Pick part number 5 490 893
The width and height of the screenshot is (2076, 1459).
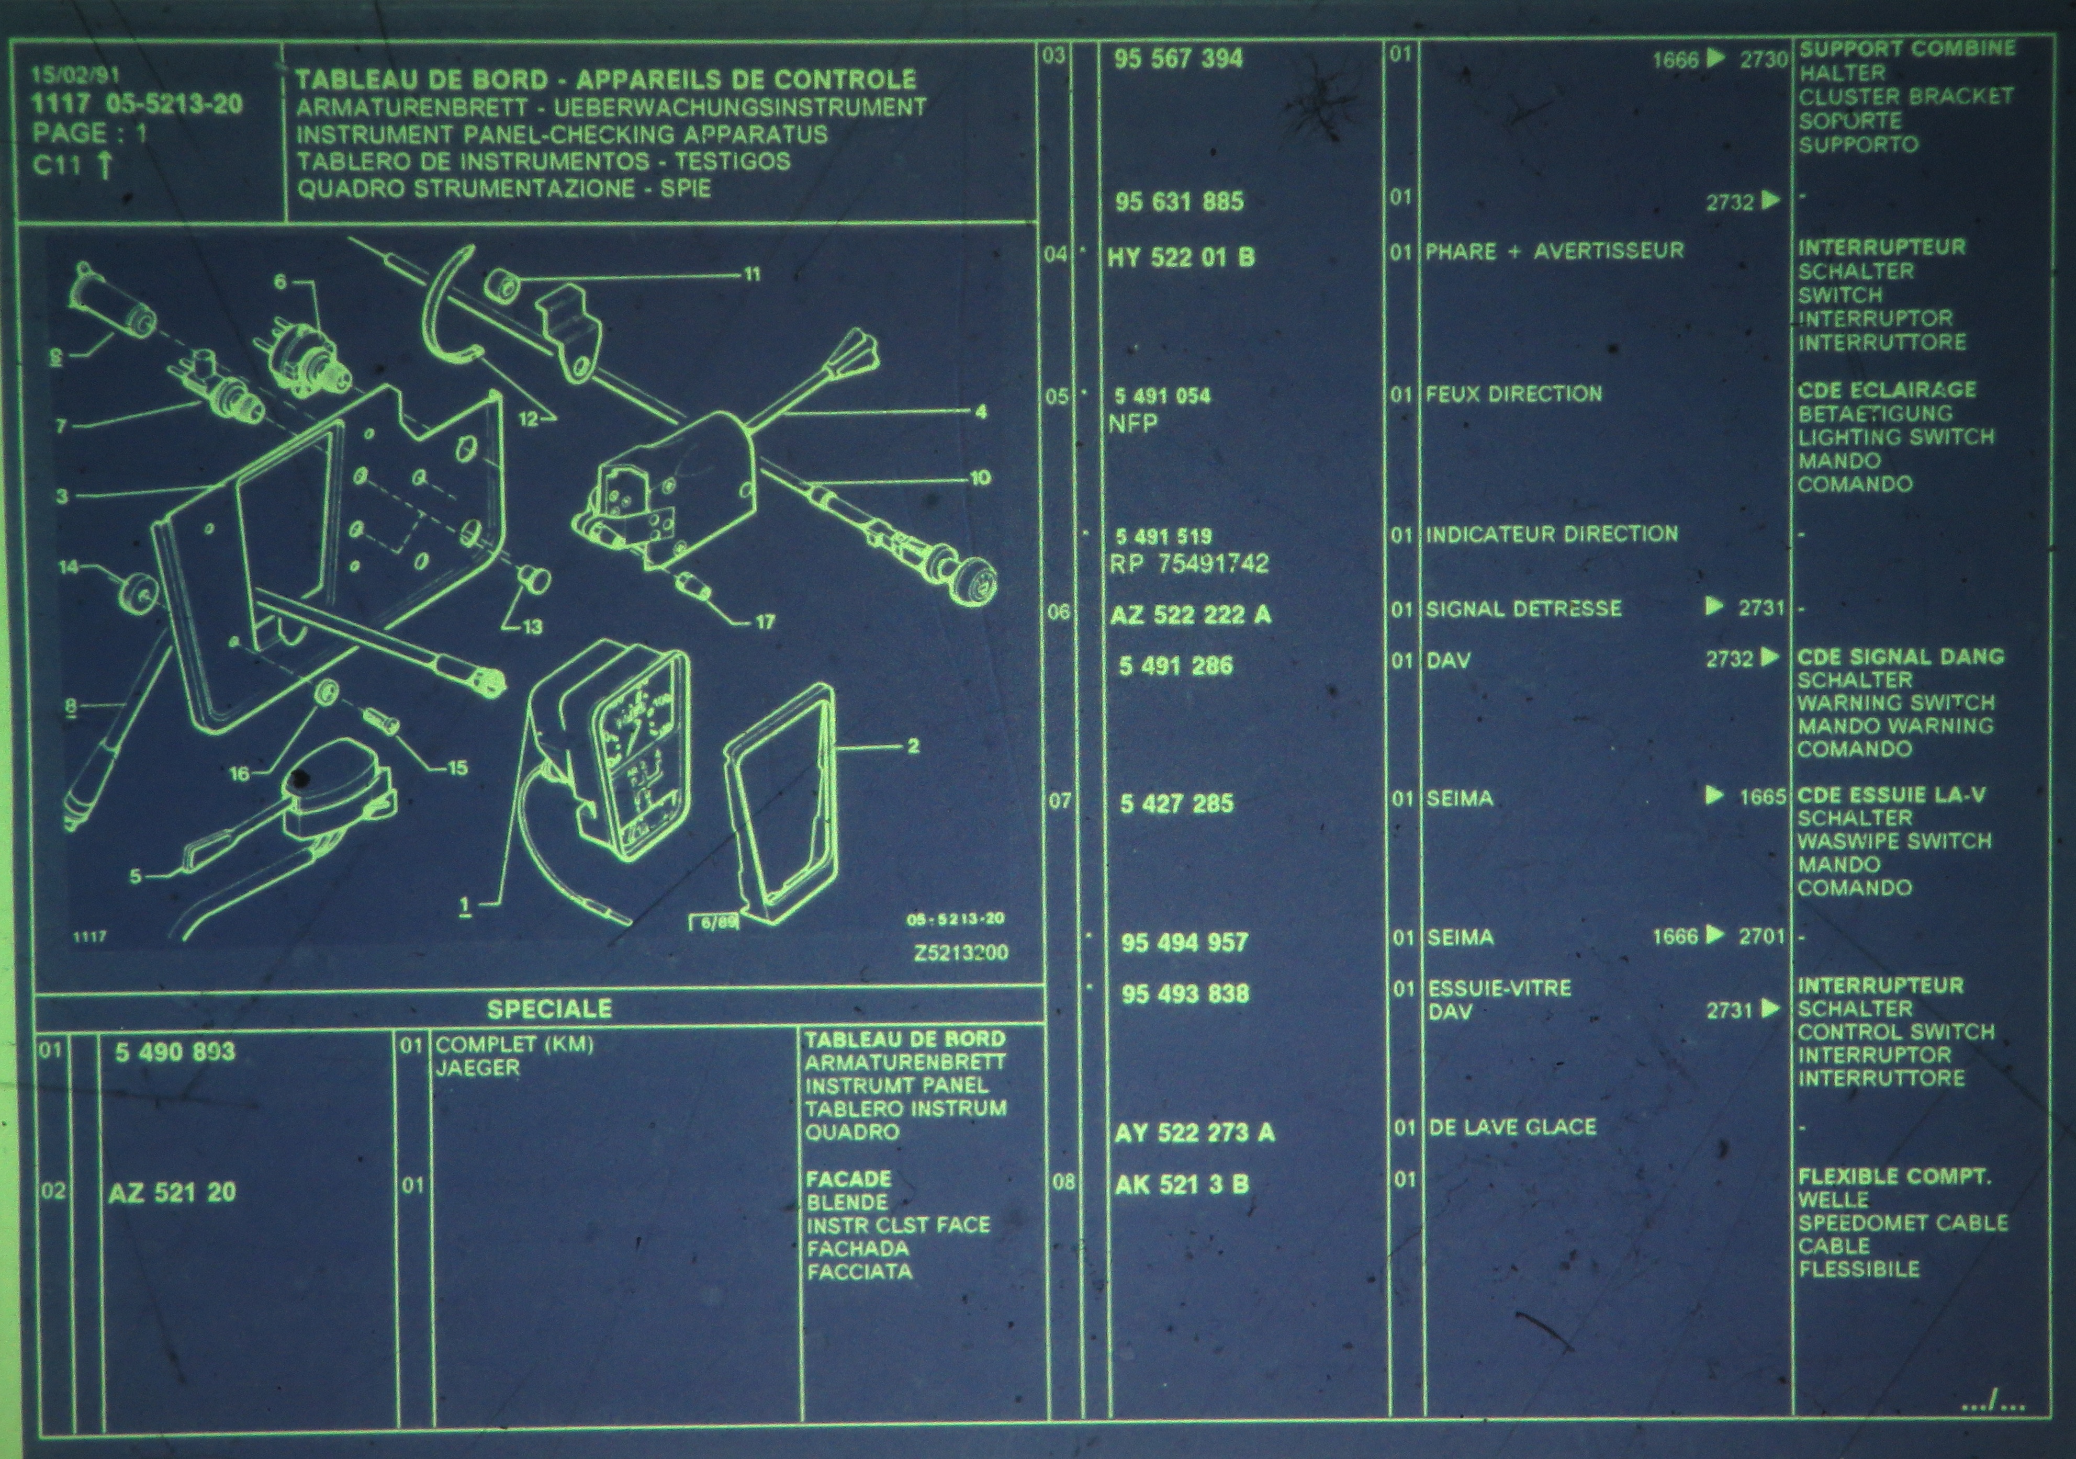[x=174, y=1052]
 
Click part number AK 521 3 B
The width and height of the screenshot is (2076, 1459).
[x=1182, y=1185]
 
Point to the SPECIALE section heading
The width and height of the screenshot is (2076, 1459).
[x=549, y=1009]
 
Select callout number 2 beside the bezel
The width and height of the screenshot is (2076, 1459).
[x=913, y=746]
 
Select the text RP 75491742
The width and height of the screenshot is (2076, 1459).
[x=1189, y=564]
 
